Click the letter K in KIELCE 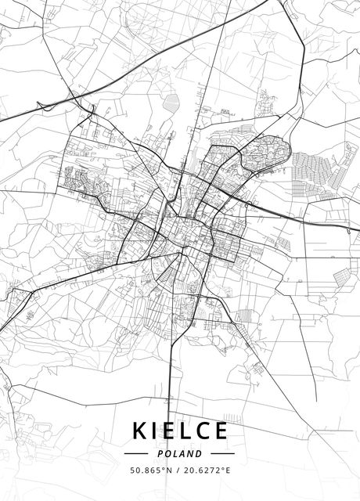click(x=141, y=431)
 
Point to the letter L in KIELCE click(x=190, y=431)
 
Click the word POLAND click(x=180, y=453)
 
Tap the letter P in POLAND click(x=161, y=453)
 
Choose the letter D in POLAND click(x=199, y=453)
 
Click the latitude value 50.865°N click(x=150, y=470)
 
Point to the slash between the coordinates click(x=176, y=470)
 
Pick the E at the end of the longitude click(x=228, y=470)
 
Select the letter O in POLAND click(x=168, y=453)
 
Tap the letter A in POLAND click(x=183, y=453)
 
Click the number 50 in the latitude click(x=135, y=470)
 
